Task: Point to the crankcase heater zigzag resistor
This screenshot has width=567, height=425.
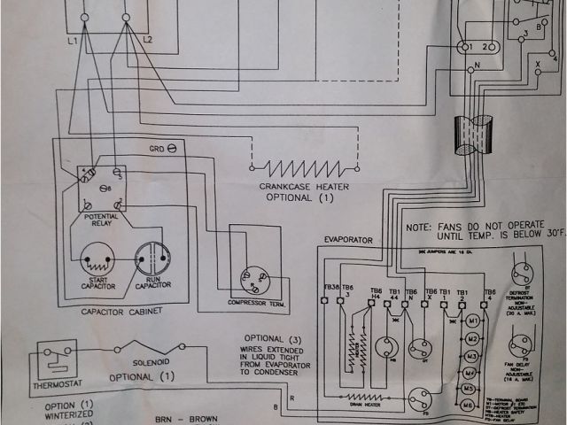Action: pos(306,166)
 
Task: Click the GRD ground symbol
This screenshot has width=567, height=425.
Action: pos(171,148)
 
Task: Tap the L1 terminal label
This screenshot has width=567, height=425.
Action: pos(72,42)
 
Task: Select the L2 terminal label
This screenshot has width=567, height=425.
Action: pos(147,42)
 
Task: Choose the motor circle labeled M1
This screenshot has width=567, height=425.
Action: pos(475,320)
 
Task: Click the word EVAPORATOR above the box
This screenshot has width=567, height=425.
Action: pos(347,240)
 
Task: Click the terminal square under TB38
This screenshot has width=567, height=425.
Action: pos(329,302)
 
